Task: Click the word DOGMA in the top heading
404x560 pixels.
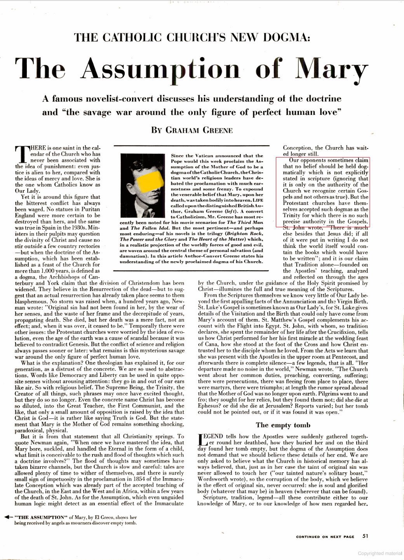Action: click(285, 38)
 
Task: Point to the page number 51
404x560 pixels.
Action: click(365, 536)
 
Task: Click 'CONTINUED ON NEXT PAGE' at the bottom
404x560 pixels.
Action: click(325, 537)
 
